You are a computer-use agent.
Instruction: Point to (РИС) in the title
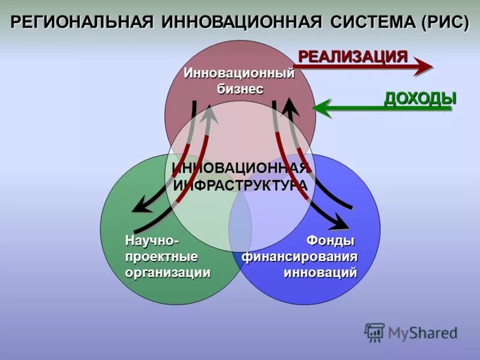[x=444, y=23]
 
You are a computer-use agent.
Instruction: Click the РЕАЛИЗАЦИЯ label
[x=353, y=57]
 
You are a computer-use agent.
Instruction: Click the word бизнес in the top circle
[x=240, y=88]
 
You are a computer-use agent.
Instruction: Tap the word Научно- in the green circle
[x=152, y=241]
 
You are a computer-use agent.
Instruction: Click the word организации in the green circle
[x=168, y=272]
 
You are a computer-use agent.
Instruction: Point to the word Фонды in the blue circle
[x=330, y=241]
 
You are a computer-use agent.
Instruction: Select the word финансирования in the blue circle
[x=300, y=257]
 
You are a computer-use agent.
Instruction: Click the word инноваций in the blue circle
[x=320, y=272]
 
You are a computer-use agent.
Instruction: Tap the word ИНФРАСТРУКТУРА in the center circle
[x=240, y=185]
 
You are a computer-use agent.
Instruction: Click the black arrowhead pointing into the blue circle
[x=339, y=225]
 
